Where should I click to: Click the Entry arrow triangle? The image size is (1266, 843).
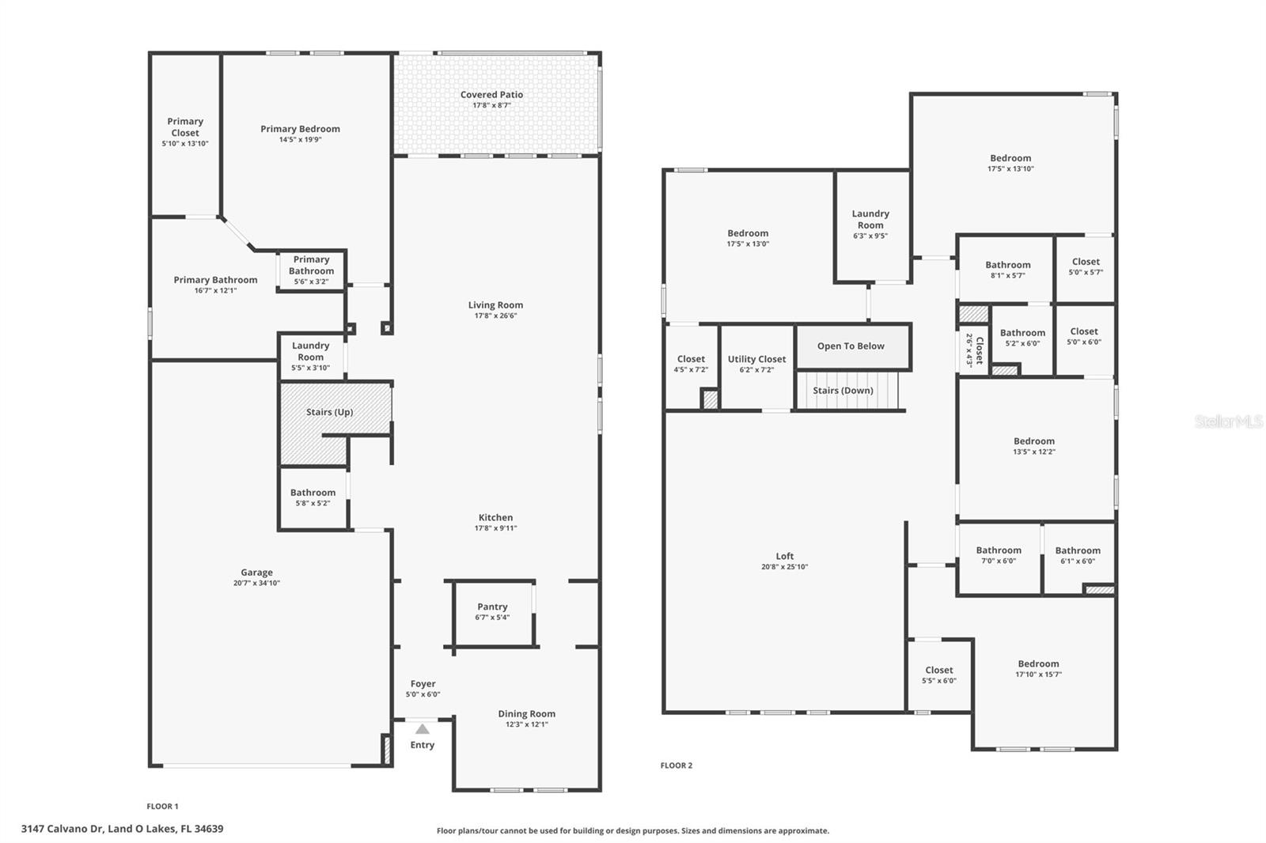tap(423, 729)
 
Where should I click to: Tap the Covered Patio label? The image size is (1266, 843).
tap(491, 95)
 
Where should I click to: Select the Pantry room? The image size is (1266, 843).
tap(494, 614)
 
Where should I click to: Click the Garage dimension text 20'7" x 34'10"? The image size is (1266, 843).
tap(256, 583)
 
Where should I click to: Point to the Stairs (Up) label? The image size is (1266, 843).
tap(329, 412)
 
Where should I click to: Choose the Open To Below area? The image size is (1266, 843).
tap(853, 346)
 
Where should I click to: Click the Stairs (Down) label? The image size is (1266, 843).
tap(843, 391)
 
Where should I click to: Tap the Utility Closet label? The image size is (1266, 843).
tap(756, 359)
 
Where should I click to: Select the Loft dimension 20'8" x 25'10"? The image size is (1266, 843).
tap(784, 567)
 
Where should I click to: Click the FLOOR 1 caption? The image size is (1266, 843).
tap(162, 807)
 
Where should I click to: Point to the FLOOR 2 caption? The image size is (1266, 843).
tap(676, 766)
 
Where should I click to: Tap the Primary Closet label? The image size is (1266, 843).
tap(185, 127)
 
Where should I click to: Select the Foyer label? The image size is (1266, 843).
tap(423, 684)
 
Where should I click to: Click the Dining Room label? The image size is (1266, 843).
tap(526, 713)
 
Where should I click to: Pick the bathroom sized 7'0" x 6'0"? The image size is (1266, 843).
tap(999, 558)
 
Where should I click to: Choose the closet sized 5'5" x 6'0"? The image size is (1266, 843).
tap(939, 676)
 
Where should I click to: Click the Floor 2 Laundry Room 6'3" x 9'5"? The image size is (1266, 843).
tap(871, 226)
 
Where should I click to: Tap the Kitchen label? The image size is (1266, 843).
tap(495, 517)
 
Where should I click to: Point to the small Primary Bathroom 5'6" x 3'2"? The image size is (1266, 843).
tap(312, 270)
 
